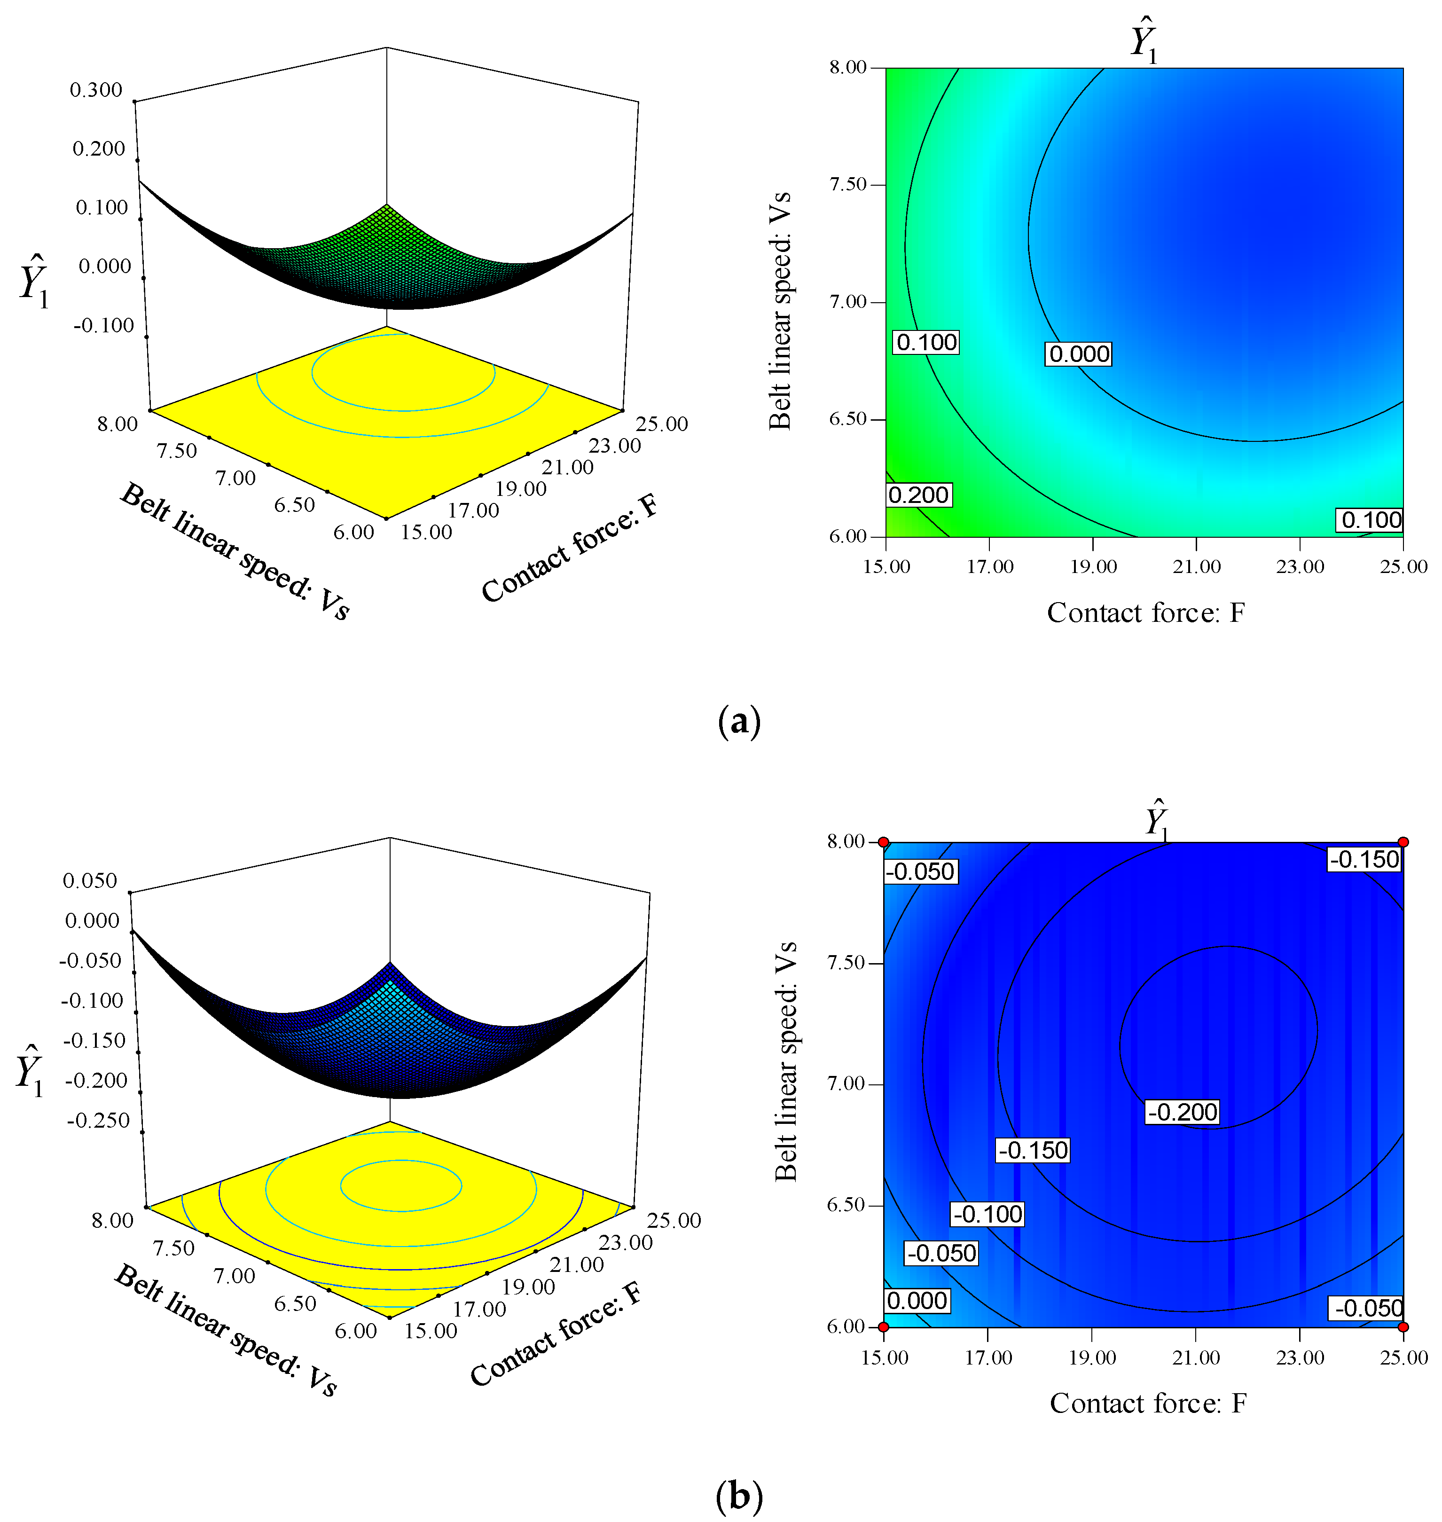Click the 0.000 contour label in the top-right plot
(x=1079, y=354)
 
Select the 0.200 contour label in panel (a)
(x=918, y=495)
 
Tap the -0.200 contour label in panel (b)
(x=1182, y=1112)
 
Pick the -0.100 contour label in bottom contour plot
(x=987, y=1215)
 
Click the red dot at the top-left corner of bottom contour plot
(x=884, y=842)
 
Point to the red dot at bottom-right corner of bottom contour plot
(x=1403, y=1327)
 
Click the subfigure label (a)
(x=739, y=722)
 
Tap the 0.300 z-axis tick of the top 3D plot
(x=96, y=90)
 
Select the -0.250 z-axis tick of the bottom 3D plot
(x=98, y=1121)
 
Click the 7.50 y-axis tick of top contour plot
(x=848, y=184)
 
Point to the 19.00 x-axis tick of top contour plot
(x=1093, y=566)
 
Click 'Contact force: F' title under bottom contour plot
(x=1148, y=1403)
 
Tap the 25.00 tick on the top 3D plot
(x=662, y=424)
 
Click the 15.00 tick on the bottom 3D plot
(x=431, y=1331)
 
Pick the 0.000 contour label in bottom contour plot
(x=917, y=1301)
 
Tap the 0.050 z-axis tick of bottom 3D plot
(x=90, y=881)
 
